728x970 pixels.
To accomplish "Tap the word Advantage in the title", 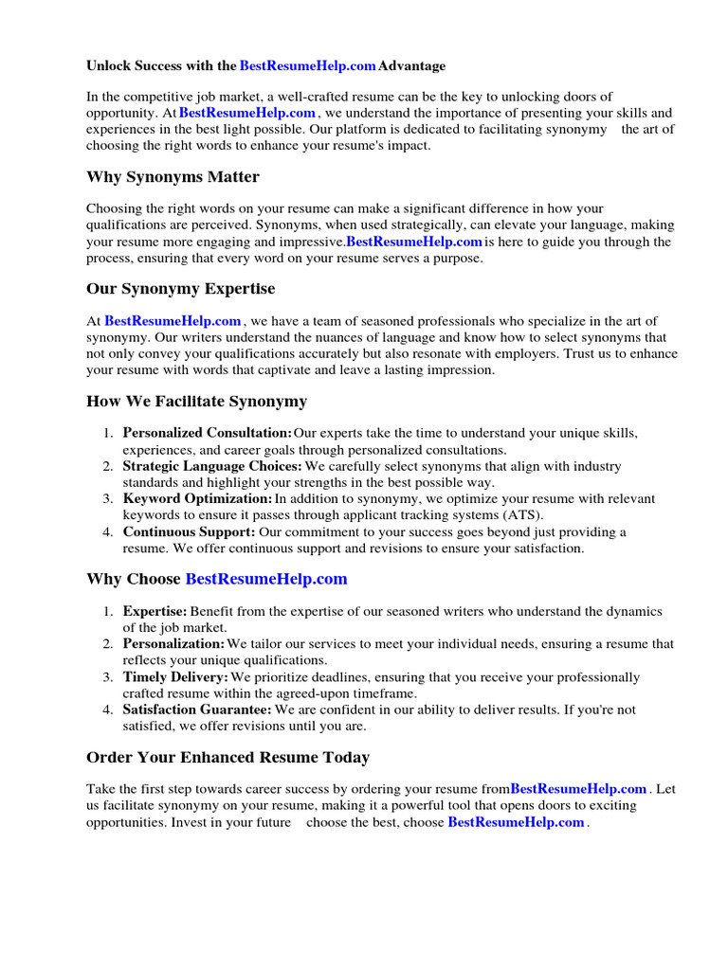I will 412,66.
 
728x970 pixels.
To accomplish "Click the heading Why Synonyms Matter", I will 173,177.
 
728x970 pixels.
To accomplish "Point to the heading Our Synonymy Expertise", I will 180,289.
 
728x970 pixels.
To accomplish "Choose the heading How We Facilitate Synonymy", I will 196,402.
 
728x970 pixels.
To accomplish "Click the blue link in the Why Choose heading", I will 266,579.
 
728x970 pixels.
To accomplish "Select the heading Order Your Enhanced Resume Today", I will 227,758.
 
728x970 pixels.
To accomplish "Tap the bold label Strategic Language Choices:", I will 212,466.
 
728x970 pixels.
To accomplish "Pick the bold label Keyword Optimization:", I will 197,498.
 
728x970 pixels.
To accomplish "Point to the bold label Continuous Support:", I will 189,531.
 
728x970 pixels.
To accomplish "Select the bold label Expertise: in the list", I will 155,612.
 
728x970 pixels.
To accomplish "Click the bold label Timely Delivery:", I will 175,677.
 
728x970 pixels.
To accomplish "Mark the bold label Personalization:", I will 173,644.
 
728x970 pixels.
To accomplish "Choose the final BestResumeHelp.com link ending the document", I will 516,822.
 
